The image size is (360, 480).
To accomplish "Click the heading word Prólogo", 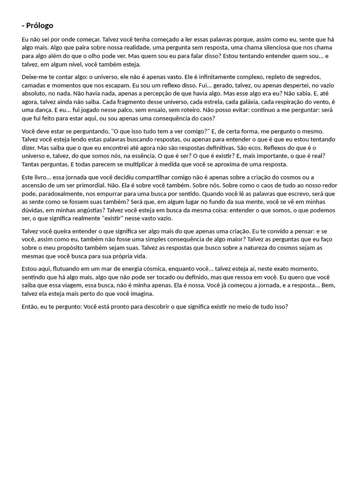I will coord(40,26).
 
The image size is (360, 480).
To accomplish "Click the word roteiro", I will coord(161,111).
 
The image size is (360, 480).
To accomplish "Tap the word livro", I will coord(44,177).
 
